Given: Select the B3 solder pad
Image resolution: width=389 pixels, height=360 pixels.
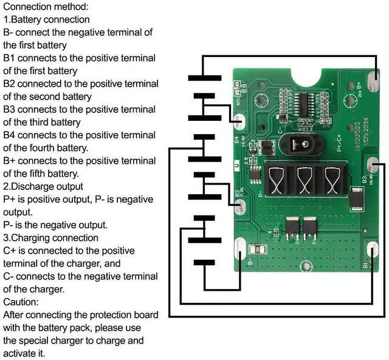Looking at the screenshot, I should [x=374, y=166].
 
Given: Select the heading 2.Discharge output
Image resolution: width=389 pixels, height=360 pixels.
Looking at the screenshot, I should [x=43, y=186].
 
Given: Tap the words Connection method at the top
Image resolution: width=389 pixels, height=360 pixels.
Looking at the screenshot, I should [x=45, y=7].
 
